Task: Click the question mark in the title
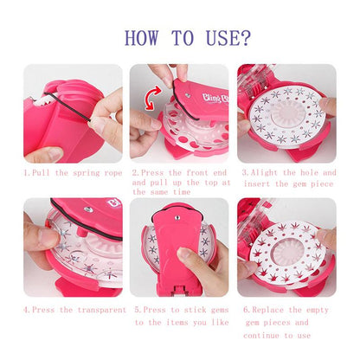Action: point(246,38)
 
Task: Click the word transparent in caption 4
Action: point(93,307)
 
